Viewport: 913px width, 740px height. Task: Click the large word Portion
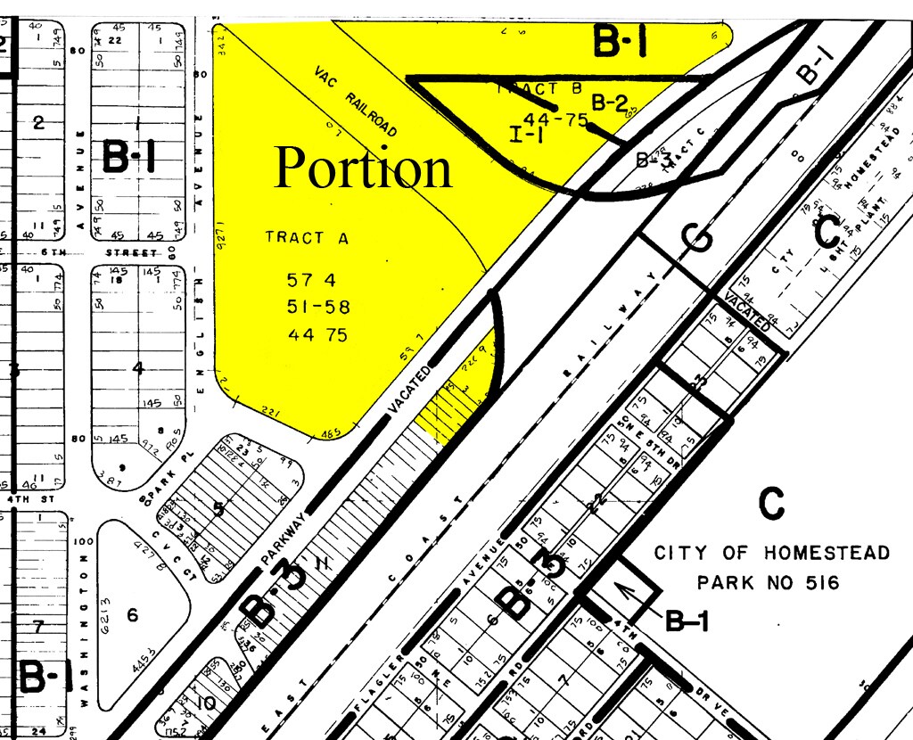tap(363, 168)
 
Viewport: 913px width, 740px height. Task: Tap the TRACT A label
tap(307, 238)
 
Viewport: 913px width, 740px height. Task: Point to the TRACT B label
tap(527, 89)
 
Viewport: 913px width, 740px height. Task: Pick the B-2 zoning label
tap(610, 103)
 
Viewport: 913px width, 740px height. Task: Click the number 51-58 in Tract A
tap(317, 308)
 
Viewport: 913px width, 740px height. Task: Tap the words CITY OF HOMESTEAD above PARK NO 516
tap(771, 553)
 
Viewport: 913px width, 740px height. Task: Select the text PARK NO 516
tap(768, 583)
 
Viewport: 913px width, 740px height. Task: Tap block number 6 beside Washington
tap(133, 614)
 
